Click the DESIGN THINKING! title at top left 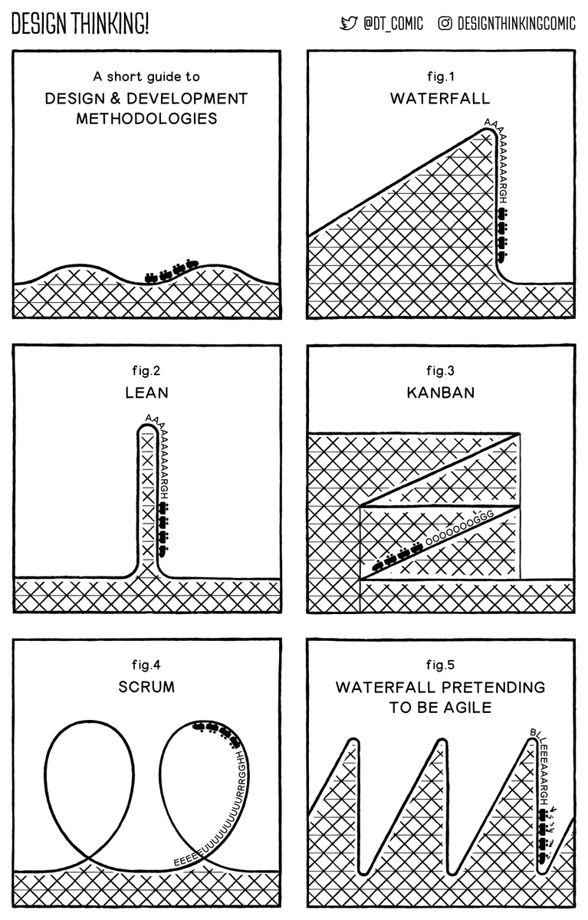(80, 24)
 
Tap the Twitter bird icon (349, 24)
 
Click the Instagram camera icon (445, 24)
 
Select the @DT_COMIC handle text (393, 24)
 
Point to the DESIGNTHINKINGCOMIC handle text (516, 24)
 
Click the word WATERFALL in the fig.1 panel (440, 99)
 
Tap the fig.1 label (440, 77)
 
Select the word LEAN (146, 393)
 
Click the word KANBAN (440, 393)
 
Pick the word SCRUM (146, 687)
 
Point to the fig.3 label (440, 371)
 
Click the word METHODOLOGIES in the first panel (146, 119)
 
